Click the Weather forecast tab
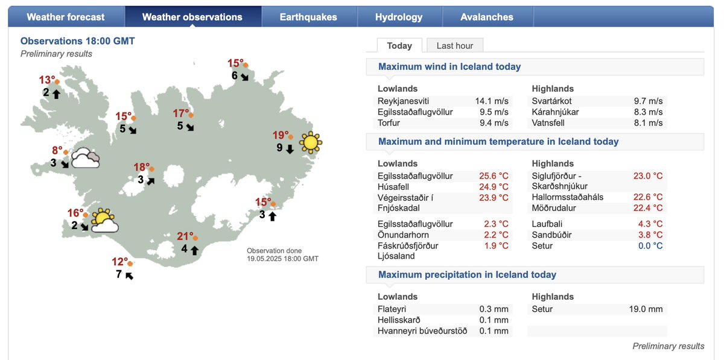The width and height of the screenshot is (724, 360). (x=66, y=17)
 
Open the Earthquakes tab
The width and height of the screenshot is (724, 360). (x=308, y=17)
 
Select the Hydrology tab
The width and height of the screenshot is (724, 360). (x=399, y=17)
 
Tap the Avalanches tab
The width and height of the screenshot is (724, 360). (x=487, y=17)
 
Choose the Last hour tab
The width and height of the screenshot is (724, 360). (x=455, y=46)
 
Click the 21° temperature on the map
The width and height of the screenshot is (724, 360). (x=185, y=236)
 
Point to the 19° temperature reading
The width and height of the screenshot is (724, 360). (x=281, y=136)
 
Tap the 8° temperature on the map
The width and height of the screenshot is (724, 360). (x=57, y=151)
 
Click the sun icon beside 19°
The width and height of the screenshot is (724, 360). (x=310, y=142)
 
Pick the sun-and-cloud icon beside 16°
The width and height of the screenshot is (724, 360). (x=104, y=222)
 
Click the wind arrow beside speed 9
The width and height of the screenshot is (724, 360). (x=290, y=148)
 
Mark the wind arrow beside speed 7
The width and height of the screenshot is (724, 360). (x=129, y=276)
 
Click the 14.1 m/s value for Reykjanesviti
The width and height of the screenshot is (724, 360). (x=492, y=101)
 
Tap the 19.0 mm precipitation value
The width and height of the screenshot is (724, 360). (x=646, y=309)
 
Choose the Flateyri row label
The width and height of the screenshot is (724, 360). (x=393, y=309)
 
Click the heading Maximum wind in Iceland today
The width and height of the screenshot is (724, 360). (x=449, y=67)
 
